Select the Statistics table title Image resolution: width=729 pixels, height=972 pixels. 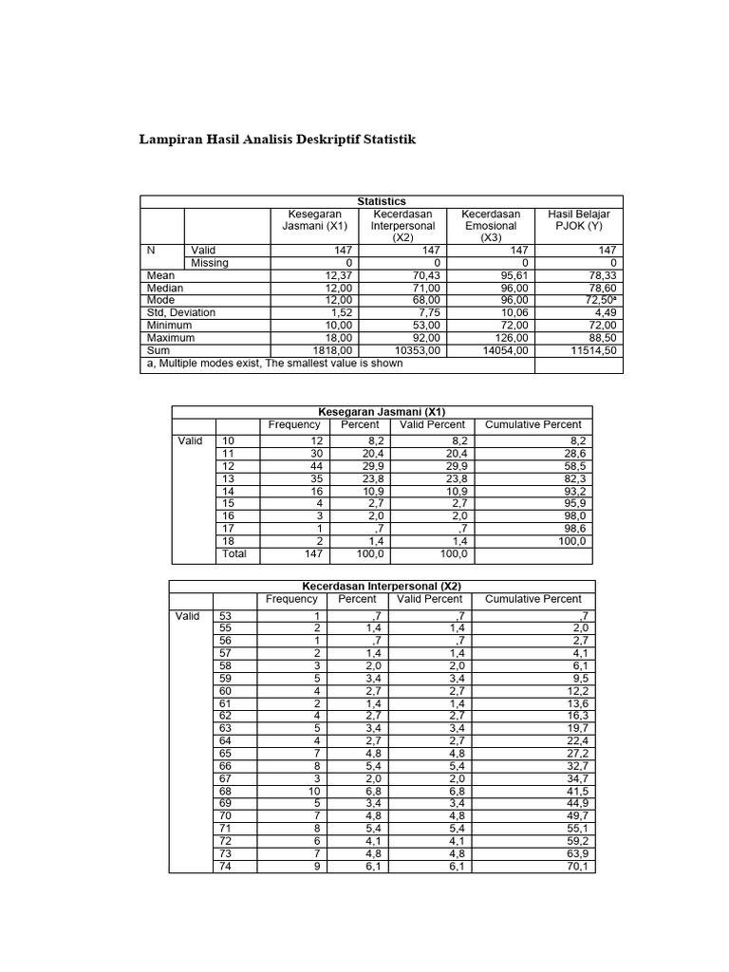(x=382, y=201)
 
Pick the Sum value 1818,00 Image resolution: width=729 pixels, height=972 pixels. (x=325, y=350)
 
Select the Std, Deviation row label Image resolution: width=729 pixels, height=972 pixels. (x=180, y=312)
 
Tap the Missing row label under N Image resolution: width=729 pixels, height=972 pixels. (x=210, y=263)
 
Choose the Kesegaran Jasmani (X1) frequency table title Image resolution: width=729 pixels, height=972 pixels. (x=382, y=411)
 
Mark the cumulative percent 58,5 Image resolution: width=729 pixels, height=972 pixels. (x=572, y=466)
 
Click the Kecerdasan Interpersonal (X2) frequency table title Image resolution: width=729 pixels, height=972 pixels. (x=382, y=587)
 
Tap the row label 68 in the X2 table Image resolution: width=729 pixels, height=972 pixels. (x=226, y=791)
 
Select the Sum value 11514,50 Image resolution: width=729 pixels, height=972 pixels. (x=595, y=350)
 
